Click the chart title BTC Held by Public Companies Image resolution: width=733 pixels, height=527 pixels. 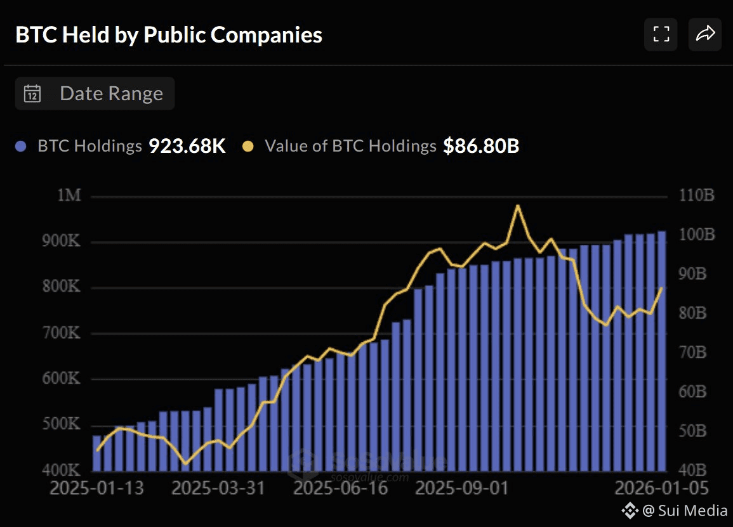click(169, 35)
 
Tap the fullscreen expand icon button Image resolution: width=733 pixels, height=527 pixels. click(661, 34)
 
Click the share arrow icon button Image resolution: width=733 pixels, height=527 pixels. click(705, 34)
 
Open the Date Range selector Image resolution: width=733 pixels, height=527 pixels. click(95, 94)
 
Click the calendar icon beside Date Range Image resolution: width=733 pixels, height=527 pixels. click(32, 94)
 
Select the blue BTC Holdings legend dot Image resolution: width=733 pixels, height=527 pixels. click(21, 146)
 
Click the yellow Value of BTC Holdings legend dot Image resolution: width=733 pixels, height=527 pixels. click(248, 146)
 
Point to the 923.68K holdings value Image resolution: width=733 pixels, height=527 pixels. click(187, 146)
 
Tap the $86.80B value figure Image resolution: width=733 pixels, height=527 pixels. click(481, 146)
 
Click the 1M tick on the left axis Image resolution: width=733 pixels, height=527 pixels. click(69, 195)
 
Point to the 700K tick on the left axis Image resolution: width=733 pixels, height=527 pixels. click(62, 333)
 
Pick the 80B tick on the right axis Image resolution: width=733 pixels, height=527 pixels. click(694, 313)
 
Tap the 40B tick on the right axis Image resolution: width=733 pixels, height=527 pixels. click(694, 471)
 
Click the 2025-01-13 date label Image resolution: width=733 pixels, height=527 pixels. click(96, 489)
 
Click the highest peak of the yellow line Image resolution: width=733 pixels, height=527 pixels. click(518, 205)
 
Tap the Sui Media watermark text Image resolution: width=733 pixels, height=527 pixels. click(685, 511)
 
